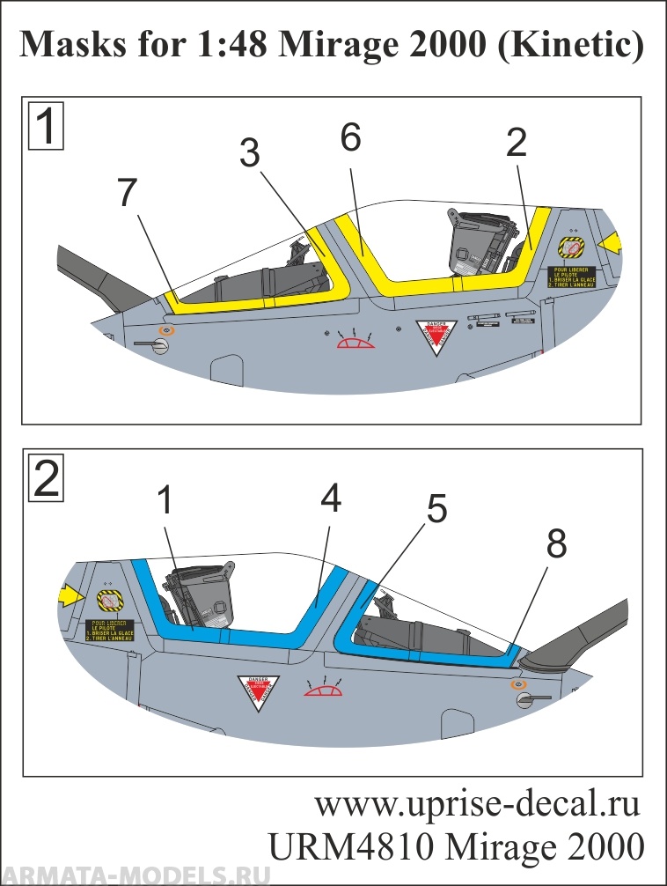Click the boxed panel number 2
tap(47, 479)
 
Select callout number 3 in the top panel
tap(250, 153)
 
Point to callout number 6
tap(350, 138)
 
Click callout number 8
tap(556, 546)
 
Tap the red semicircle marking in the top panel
tap(355, 342)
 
